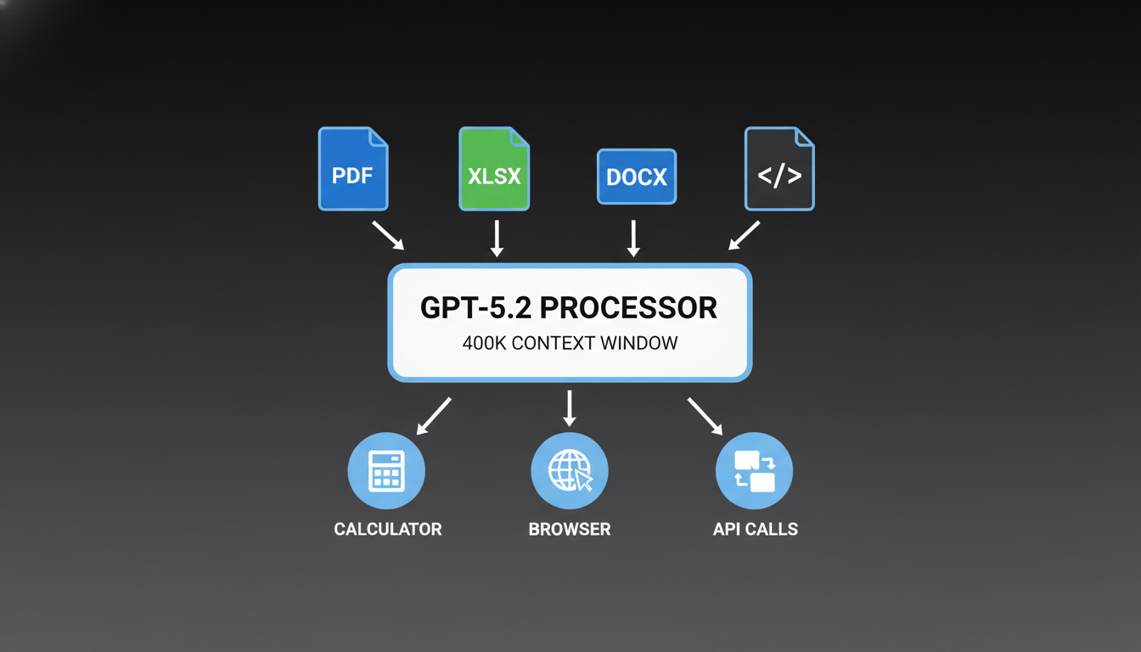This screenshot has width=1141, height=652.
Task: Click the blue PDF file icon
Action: point(353,169)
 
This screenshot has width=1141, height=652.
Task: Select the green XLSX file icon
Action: point(494,169)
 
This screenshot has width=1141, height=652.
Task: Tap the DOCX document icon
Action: point(637,177)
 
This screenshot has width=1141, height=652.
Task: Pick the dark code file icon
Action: point(779,169)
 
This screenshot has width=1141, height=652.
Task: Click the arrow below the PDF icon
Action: point(388,235)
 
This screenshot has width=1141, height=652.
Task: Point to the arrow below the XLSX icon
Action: point(497,239)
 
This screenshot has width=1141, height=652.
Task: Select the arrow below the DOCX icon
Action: point(633,239)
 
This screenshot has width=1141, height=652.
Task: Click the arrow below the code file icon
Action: point(745,235)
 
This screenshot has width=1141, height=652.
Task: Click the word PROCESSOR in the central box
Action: point(628,307)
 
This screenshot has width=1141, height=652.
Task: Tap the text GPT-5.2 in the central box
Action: point(476,307)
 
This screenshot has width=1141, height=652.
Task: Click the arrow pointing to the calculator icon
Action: point(434,415)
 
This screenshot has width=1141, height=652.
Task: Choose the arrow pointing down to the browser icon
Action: point(570,408)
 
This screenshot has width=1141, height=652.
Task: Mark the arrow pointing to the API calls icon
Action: point(705,415)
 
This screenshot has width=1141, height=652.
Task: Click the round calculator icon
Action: point(386,470)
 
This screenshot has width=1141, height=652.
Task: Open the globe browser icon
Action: point(570,470)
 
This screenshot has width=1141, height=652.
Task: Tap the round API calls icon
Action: point(754,470)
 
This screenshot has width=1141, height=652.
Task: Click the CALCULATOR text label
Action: point(388,529)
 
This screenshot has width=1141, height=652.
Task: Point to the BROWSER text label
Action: point(570,529)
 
